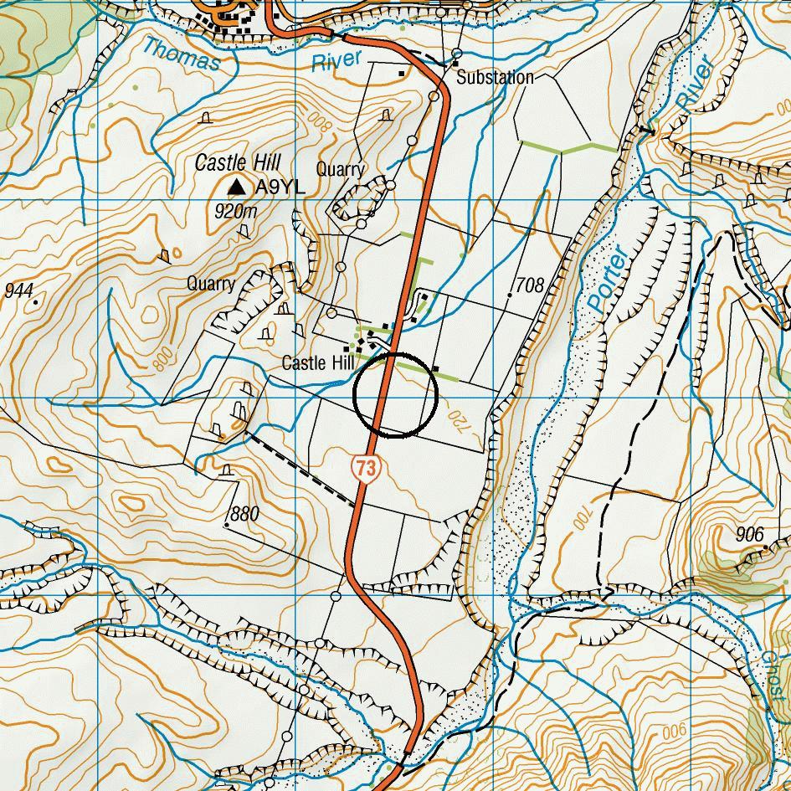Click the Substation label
coord(495,78)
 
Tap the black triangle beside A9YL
coord(239,186)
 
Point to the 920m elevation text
coord(235,211)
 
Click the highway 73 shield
coord(366,469)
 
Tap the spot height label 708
coord(530,285)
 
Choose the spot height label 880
coord(244,513)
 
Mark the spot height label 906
coord(749,535)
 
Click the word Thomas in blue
coord(181,55)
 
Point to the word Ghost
coord(773,675)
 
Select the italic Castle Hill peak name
coord(238,162)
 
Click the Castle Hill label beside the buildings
coord(317,363)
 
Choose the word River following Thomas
coord(336,61)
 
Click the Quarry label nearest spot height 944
coord(211,284)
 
